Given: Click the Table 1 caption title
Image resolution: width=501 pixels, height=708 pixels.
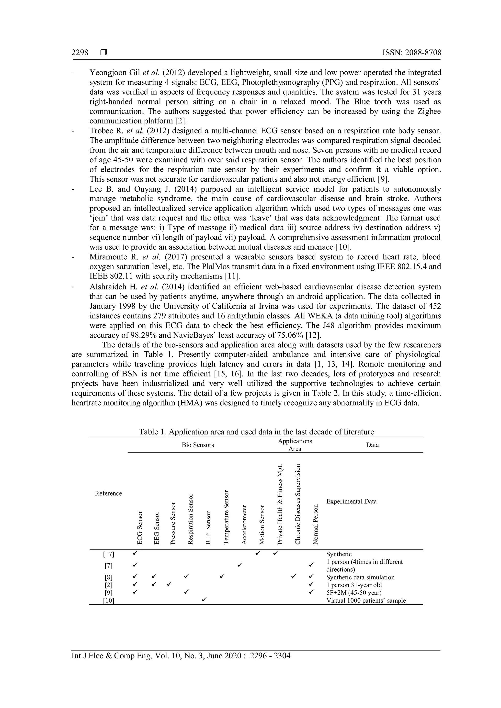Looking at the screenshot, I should tap(256, 432).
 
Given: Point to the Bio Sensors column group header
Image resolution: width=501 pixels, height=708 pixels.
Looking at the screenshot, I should tap(198, 445).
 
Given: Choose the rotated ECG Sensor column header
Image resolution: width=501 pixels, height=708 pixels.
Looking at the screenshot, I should tap(140, 528).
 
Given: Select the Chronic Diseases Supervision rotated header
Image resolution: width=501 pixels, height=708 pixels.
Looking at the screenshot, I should tap(298, 504).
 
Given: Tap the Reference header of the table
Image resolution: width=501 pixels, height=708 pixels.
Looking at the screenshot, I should tap(108, 493).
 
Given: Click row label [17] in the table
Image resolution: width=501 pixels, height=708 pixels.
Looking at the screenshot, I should tap(108, 554).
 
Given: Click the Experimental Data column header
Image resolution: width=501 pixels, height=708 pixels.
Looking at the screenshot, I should tap(351, 501).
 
